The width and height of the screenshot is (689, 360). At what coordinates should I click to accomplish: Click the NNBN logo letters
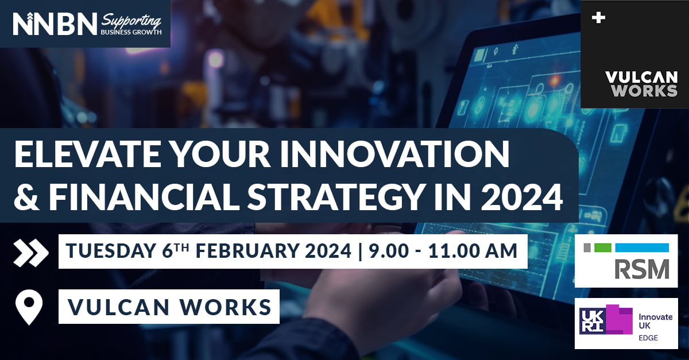tap(55, 24)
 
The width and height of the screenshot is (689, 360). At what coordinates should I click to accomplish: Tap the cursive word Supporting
tap(131, 21)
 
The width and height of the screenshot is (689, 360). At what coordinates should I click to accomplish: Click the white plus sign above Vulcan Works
tap(598, 18)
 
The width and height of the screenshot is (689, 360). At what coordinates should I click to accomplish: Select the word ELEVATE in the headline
tap(88, 155)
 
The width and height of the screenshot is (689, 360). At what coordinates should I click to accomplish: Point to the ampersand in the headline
tap(27, 196)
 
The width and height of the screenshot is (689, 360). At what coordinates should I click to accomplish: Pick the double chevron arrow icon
tap(31, 253)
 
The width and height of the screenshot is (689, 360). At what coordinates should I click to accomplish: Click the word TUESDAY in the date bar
tap(111, 251)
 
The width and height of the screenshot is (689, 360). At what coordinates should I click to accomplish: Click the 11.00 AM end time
tap(473, 251)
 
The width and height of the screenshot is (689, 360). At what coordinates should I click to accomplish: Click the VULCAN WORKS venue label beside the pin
tap(170, 307)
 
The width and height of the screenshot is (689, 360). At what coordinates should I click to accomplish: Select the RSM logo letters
tap(642, 269)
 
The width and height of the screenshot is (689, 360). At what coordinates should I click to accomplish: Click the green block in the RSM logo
tap(602, 247)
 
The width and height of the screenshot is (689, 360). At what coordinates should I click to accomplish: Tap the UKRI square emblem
tap(593, 321)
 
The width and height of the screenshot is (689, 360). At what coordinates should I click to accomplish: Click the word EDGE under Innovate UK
tap(648, 338)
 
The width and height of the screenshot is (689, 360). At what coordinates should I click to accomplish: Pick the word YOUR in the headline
tap(221, 155)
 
